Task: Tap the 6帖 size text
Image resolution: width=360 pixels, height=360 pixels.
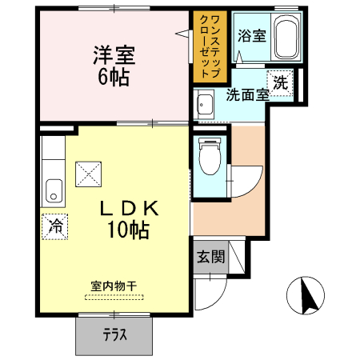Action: [x=114, y=78]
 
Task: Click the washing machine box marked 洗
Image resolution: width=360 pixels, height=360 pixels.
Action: [x=281, y=82]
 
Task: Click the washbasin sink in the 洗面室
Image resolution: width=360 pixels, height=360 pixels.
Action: [x=204, y=103]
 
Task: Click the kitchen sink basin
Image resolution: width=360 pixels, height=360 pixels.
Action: [x=54, y=191]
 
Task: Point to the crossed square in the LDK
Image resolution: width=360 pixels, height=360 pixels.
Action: [x=88, y=173]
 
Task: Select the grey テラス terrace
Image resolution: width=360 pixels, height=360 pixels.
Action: [x=114, y=335]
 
